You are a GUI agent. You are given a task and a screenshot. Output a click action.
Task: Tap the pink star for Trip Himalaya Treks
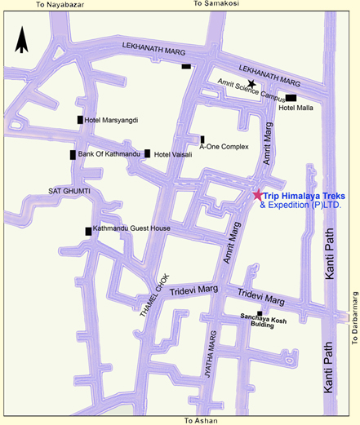coord(258,194)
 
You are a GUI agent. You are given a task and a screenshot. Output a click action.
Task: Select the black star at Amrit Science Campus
coord(252,84)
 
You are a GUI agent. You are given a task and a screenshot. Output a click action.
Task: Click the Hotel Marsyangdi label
coord(112,121)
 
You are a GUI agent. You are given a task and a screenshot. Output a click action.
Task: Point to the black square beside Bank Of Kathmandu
coord(73,154)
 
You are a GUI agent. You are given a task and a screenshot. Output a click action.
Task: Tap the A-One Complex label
coord(223,148)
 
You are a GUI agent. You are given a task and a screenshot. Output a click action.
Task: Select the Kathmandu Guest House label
coord(131,229)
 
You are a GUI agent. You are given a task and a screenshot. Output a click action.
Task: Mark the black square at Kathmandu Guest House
coord(88,232)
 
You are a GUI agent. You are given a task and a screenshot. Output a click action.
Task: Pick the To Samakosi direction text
coord(216,5)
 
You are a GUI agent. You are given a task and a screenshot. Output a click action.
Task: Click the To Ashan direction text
coord(201,420)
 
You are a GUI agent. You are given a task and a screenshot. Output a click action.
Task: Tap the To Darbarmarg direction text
coord(355,319)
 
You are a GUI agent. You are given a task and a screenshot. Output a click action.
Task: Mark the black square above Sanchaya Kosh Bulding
coord(260,313)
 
